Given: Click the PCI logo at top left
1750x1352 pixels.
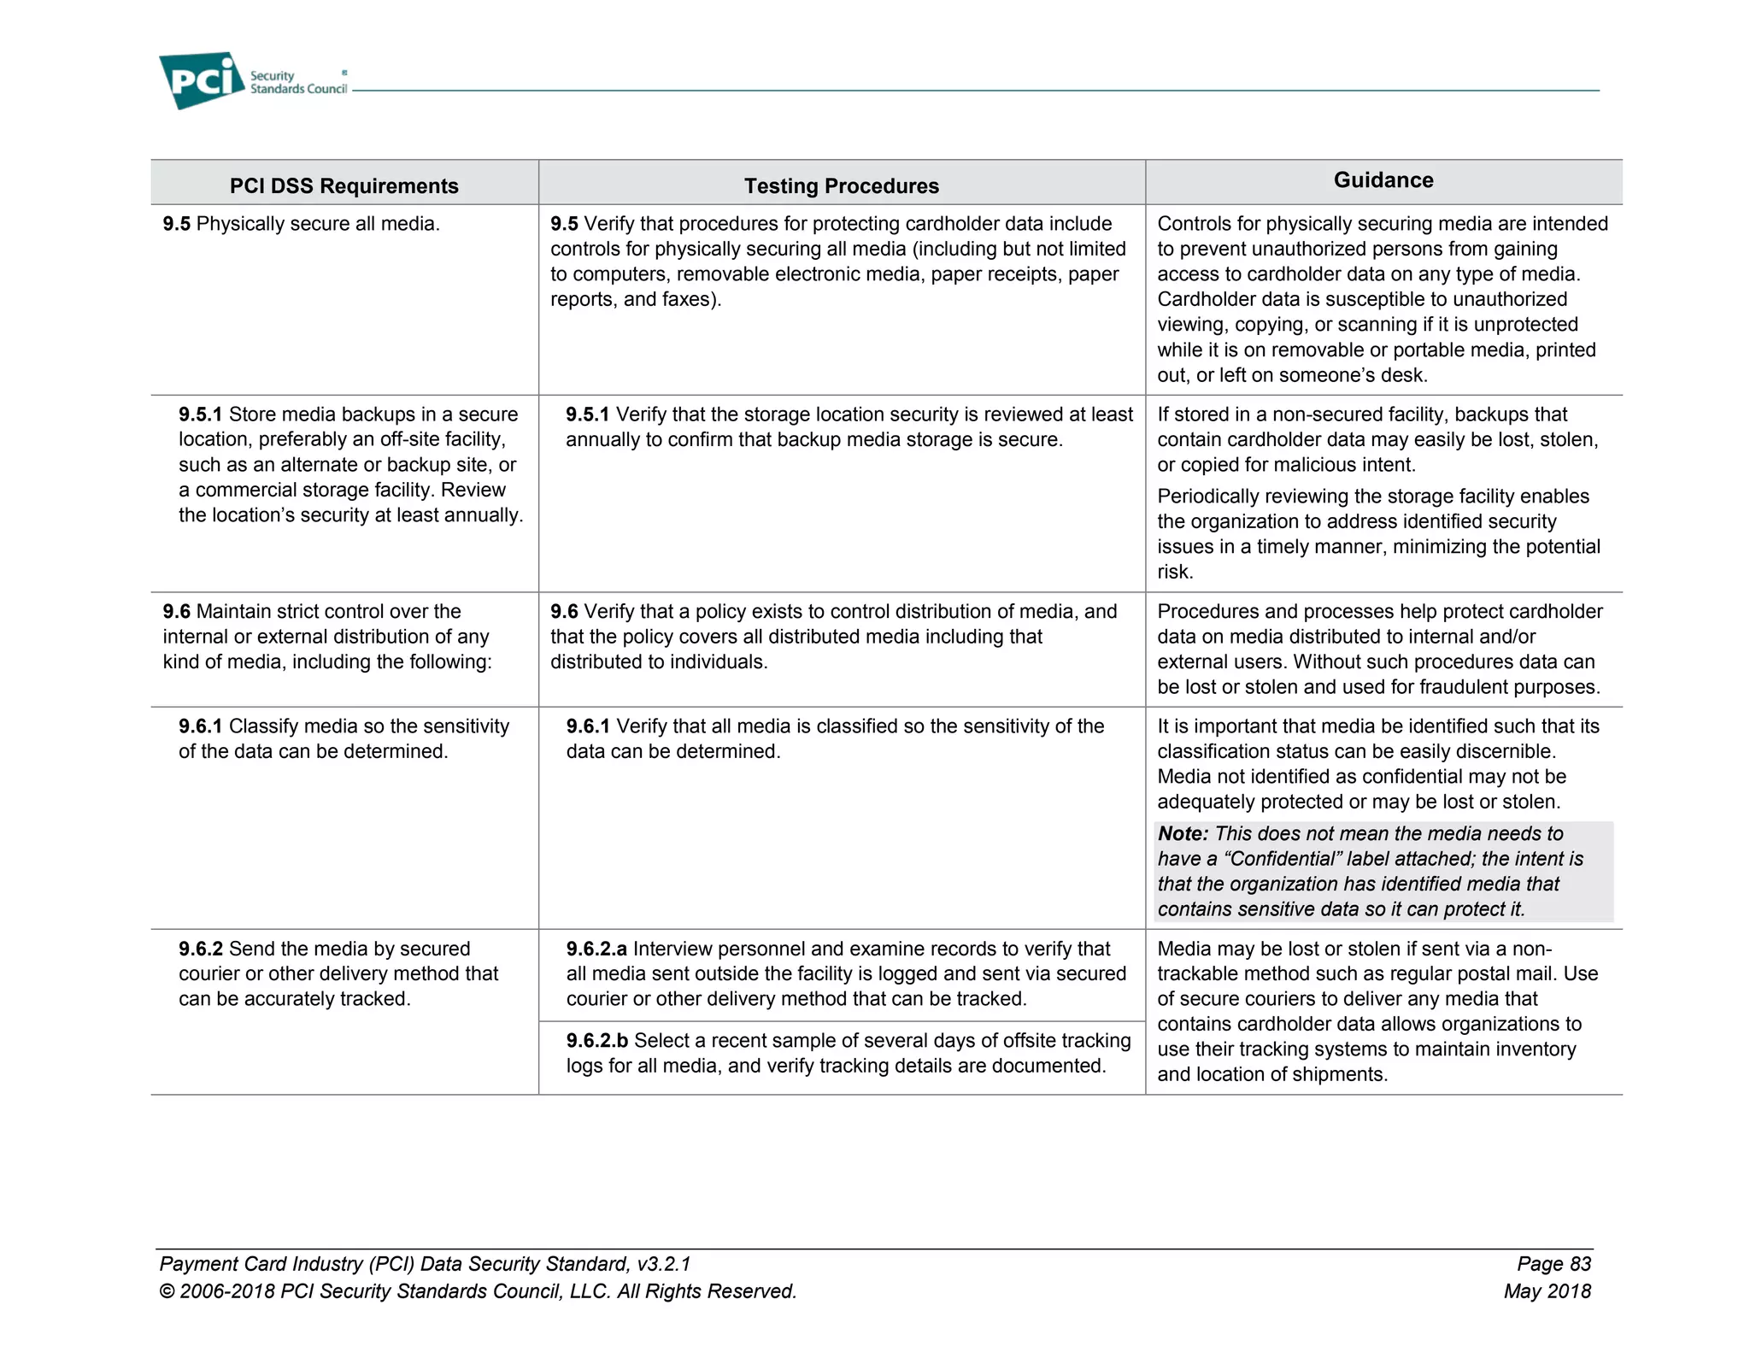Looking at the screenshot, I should pos(202,80).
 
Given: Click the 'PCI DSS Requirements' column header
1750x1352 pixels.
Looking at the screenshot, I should pos(344,185).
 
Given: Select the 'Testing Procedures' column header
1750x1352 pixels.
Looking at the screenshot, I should pos(841,185).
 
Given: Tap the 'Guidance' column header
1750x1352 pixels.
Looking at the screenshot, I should pos(1383,179).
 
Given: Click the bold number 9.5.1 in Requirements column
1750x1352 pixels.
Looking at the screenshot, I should pos(200,414).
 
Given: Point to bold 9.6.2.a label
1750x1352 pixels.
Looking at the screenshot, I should pos(596,949).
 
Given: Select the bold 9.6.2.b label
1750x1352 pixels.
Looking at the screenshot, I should pos(596,1040).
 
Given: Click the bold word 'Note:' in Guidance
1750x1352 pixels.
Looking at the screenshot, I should pos(1183,833).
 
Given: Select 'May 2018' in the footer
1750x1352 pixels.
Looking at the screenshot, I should pos(1547,1290).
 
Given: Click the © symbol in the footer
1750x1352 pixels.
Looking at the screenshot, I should pos(167,1291).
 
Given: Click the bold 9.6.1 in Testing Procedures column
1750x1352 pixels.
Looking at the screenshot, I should pos(588,726).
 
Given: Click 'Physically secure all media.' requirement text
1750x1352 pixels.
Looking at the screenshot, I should pos(317,224).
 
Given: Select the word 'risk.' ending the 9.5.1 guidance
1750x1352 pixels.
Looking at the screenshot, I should pos(1175,572).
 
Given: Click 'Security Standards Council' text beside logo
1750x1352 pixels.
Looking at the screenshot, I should pos(297,82).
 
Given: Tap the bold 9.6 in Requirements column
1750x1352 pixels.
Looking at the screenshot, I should pos(176,612).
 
